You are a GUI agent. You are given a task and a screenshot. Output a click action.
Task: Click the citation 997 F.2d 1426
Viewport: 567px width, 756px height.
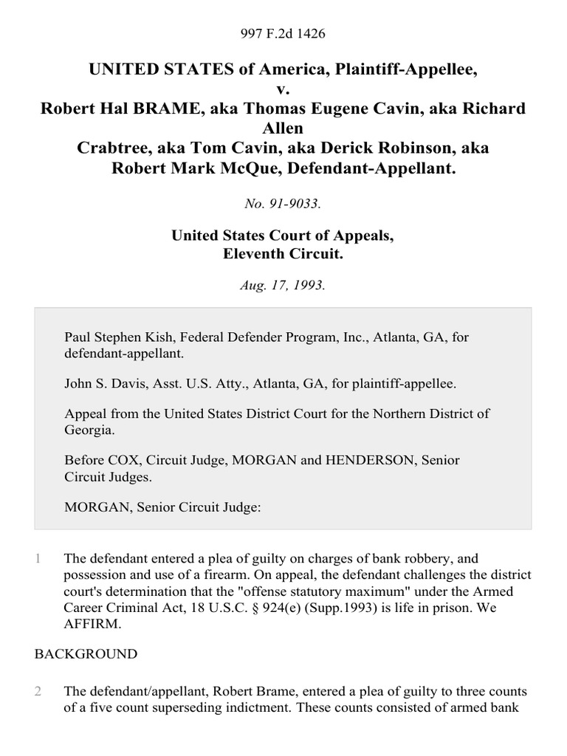pos(283,34)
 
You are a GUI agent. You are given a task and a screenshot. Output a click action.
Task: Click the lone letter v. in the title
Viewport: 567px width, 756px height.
pos(283,89)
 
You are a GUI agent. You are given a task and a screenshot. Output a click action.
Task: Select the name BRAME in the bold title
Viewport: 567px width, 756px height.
pos(154,109)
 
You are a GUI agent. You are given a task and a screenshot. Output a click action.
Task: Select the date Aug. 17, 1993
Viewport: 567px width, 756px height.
pos(283,285)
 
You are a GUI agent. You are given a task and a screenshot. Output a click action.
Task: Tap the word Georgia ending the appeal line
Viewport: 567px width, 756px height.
pos(89,428)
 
